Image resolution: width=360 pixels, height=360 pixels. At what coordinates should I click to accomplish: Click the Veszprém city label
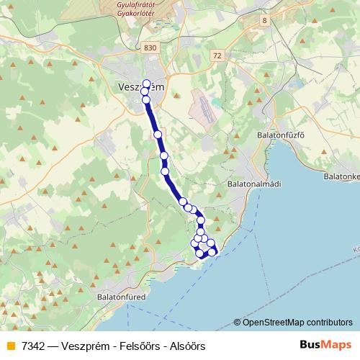140,87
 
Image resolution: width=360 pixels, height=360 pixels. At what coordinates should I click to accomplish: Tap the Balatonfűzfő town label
282,135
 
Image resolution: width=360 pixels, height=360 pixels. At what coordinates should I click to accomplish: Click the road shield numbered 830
150,47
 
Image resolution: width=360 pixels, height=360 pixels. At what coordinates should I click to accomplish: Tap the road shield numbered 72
217,55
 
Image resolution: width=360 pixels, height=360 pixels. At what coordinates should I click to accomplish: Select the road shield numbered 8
264,20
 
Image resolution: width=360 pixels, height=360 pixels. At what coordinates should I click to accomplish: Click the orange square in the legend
11,346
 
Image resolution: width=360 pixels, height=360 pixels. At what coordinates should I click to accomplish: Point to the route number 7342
35,346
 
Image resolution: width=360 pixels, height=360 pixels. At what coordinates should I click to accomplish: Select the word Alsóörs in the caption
189,346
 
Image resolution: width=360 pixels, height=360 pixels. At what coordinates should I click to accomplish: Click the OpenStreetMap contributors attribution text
297,323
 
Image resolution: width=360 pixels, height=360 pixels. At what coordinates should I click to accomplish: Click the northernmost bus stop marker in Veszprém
147,83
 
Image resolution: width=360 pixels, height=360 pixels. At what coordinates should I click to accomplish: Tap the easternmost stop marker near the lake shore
212,251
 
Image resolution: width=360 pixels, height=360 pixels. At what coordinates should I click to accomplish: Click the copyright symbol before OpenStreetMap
238,323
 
